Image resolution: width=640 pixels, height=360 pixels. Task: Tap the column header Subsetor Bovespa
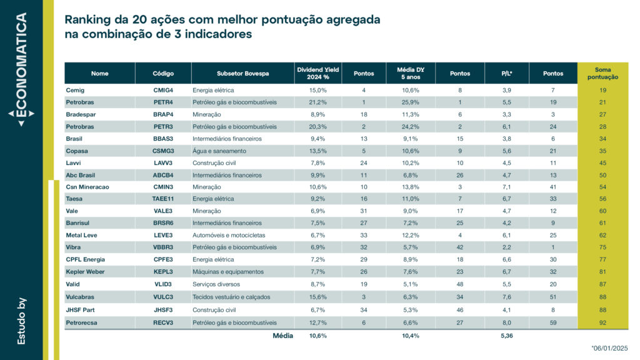pyautogui.click(x=243, y=74)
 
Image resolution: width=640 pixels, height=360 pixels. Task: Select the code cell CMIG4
pyautogui.click(x=163, y=90)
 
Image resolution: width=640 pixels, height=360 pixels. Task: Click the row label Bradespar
pyautogui.click(x=81, y=114)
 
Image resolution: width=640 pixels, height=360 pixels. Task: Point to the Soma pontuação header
pyautogui.click(x=603, y=74)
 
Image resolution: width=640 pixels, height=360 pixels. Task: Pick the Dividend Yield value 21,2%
pyautogui.click(x=317, y=102)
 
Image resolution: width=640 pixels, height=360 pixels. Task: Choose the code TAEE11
pyautogui.click(x=163, y=199)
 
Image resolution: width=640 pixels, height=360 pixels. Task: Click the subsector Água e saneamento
pyautogui.click(x=219, y=151)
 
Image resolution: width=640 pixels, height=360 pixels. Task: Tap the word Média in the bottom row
pyautogui.click(x=283, y=336)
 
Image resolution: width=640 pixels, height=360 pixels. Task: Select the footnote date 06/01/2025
pyautogui.click(x=609, y=348)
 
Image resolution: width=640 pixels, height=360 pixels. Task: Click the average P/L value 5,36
pyautogui.click(x=506, y=336)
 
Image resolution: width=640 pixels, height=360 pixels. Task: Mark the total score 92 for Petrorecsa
pyautogui.click(x=603, y=322)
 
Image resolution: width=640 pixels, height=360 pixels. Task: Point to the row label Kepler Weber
pyautogui.click(x=85, y=272)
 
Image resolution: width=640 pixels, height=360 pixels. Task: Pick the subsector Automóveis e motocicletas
pyautogui.click(x=229, y=235)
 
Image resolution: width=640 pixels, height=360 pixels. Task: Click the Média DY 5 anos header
pyautogui.click(x=411, y=74)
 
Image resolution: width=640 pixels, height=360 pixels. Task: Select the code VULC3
pyautogui.click(x=163, y=297)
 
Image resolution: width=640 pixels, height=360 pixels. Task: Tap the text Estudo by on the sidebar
pyautogui.click(x=21, y=321)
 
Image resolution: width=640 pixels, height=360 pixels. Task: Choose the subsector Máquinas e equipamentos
pyautogui.click(x=228, y=272)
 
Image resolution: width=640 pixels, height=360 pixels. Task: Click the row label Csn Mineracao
pyautogui.click(x=87, y=187)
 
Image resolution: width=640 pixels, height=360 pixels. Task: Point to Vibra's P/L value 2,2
pyautogui.click(x=506, y=247)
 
